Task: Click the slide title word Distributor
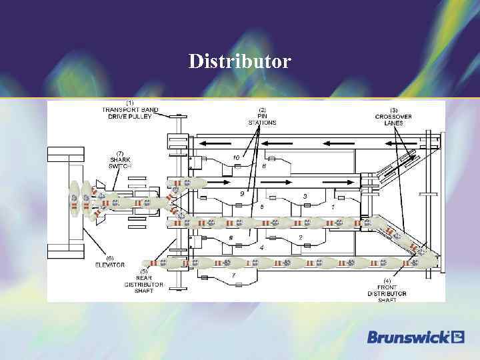point(239,62)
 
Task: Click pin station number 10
point(236,157)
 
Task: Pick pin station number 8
point(231,237)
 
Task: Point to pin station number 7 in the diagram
point(233,275)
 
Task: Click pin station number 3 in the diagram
point(305,196)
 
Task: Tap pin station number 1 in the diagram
point(333,207)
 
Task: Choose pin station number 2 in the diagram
point(301,237)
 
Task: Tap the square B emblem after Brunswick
point(457,337)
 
